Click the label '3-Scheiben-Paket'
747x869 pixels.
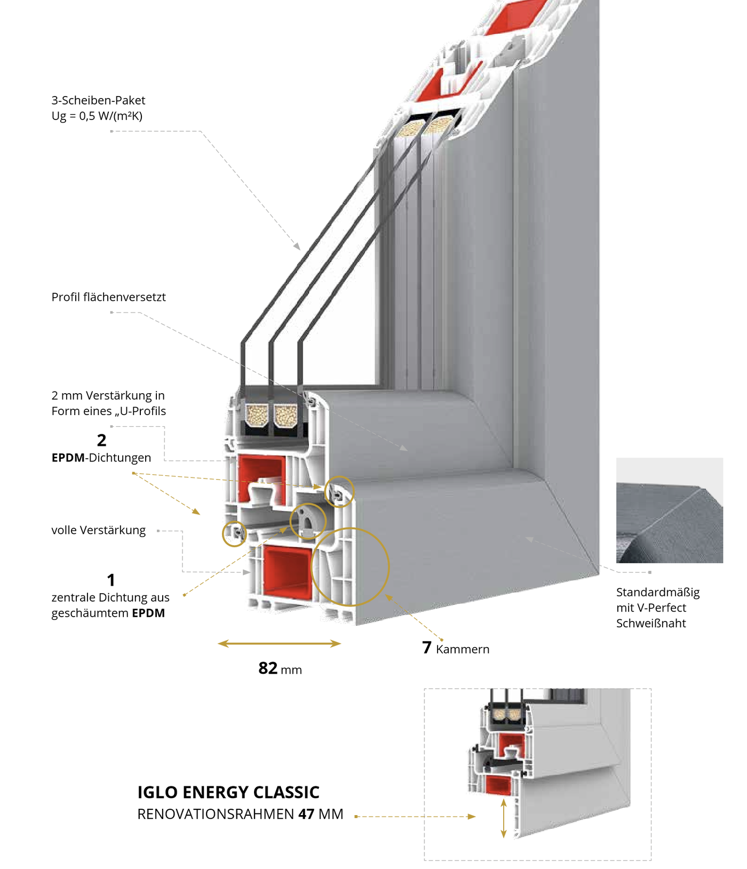coord(98,100)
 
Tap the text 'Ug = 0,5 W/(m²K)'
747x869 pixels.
coord(97,116)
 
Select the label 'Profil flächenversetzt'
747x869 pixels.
coord(108,297)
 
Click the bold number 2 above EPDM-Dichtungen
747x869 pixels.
coord(102,440)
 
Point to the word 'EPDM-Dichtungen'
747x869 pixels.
coord(101,458)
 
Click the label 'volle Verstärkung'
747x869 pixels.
coord(99,530)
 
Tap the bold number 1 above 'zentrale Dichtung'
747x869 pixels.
coord(111,580)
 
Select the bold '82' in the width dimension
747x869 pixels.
coord(268,668)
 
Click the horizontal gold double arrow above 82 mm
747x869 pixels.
coord(280,644)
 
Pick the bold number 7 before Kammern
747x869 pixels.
coord(427,648)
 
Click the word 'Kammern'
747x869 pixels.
coord(463,649)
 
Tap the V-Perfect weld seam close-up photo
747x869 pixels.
coord(670,510)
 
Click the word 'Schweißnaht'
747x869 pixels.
coord(651,623)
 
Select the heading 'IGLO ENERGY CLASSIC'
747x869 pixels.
coord(228,792)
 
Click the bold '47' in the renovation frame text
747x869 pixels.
coord(306,814)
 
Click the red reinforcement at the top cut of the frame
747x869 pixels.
coord(515,16)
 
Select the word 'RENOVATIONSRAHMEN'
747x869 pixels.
coord(216,814)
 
